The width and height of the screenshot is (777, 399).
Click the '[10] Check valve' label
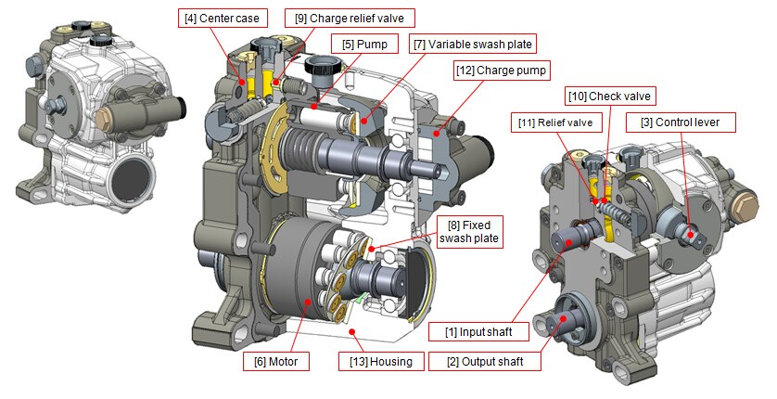tap(609, 96)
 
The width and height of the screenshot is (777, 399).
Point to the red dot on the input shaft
tap(566, 236)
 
